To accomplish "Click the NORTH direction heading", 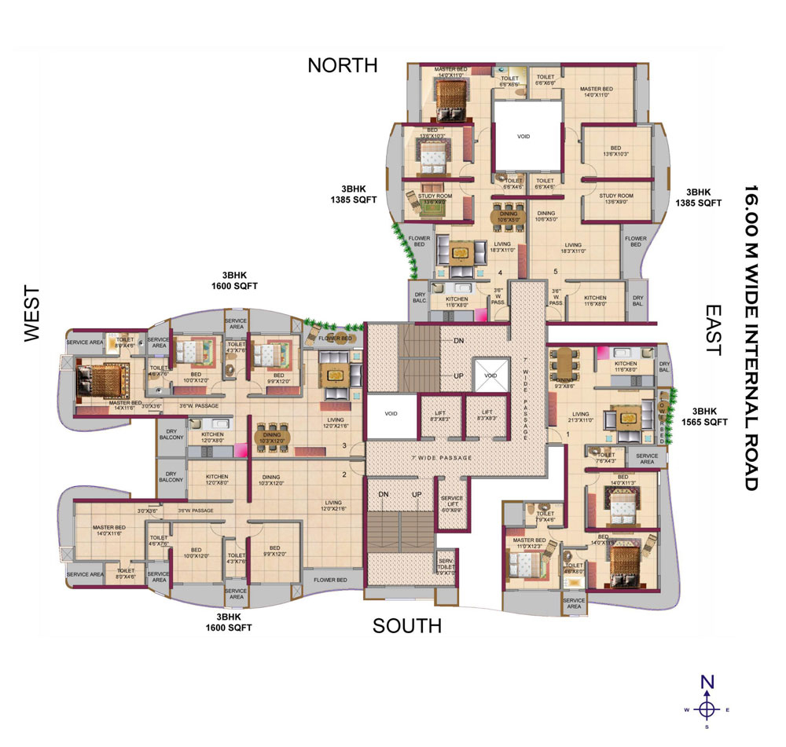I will [342, 65].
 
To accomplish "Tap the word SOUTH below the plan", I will [406, 625].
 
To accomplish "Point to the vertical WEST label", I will [31, 313].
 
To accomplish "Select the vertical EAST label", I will [712, 330].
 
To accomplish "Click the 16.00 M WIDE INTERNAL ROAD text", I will [751, 338].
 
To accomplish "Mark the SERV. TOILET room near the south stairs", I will [446, 566].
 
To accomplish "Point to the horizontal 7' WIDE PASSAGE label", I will [443, 457].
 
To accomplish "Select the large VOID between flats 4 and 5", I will [523, 136].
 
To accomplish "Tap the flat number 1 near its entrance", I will [567, 433].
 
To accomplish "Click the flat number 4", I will [500, 273].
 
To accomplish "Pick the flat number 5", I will [556, 273].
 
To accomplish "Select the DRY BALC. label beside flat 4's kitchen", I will [419, 299].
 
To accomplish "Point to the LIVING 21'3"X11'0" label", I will [581, 418].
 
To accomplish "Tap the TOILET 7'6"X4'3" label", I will [606, 458].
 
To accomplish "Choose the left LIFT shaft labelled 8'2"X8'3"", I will [440, 415].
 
